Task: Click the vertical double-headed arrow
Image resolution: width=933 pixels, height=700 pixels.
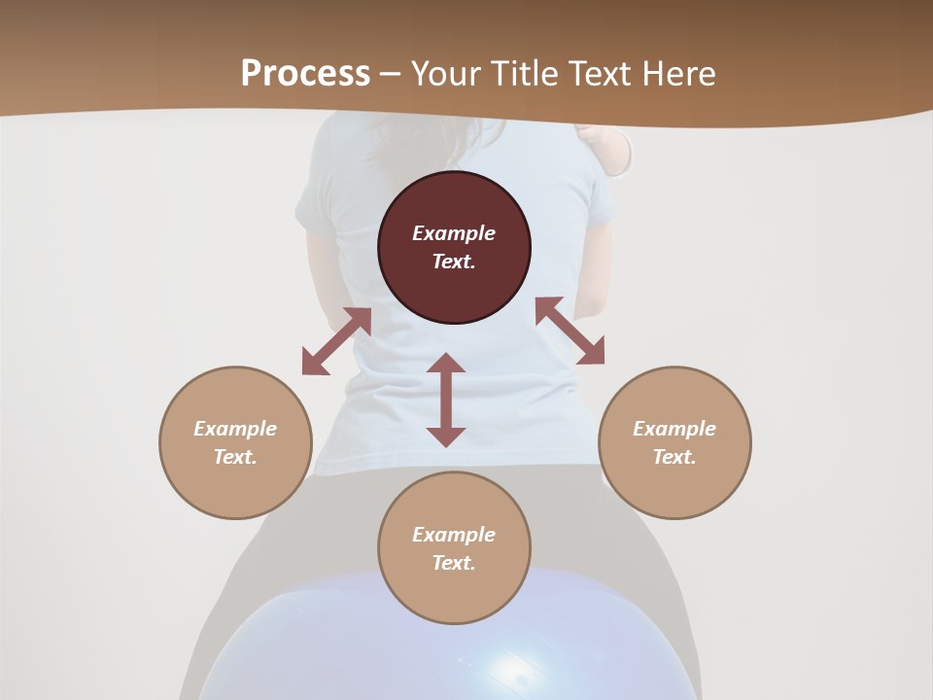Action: coord(446,400)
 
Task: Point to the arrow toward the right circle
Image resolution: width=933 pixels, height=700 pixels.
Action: coord(570,331)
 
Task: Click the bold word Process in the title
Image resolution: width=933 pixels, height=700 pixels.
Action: coord(305,74)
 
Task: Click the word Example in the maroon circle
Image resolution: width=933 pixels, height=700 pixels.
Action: coord(454,233)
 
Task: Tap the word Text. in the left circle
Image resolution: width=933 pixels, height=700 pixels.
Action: coord(235,457)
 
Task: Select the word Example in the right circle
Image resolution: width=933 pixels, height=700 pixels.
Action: coord(674,429)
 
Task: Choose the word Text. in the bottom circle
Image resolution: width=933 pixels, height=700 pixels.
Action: coord(454,563)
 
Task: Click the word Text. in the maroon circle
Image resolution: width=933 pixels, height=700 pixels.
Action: coord(454,262)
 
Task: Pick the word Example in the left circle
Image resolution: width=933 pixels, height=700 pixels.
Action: coord(235,429)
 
